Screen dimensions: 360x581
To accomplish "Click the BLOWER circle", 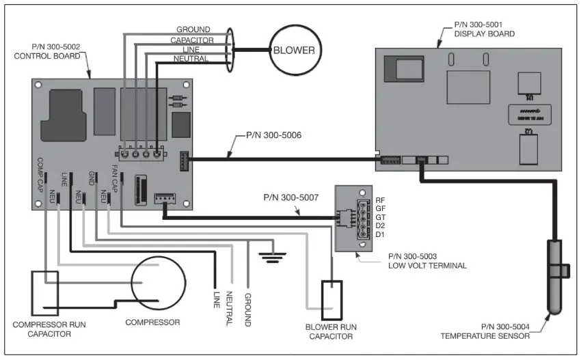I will coord(294,50).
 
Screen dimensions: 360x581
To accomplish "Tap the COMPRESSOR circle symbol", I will coord(159,282).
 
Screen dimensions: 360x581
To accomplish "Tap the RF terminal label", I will coord(381,200).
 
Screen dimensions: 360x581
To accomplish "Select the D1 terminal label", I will coord(381,236).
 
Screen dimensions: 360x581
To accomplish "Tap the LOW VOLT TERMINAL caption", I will coord(425,265).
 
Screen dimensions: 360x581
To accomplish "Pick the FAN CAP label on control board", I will coord(114,180).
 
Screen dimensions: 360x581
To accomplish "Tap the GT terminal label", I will coord(381,218).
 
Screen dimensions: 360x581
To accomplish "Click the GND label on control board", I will coord(90,179).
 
